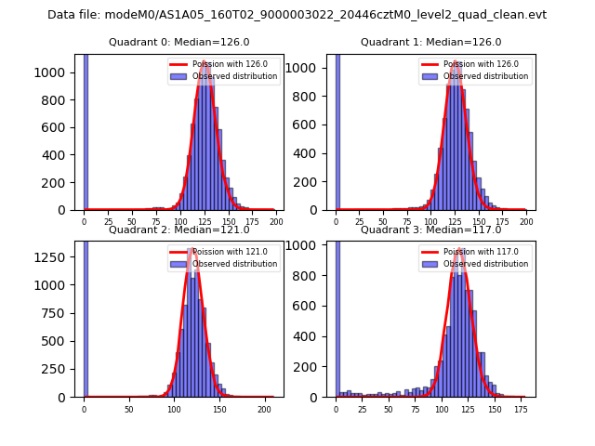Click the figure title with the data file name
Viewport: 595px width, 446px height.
[x=297, y=15]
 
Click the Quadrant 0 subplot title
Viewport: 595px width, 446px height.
[x=179, y=42]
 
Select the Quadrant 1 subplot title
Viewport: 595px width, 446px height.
[x=430, y=42]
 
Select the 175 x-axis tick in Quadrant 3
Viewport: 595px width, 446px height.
[x=522, y=409]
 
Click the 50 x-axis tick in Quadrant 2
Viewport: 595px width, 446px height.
[x=128, y=409]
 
